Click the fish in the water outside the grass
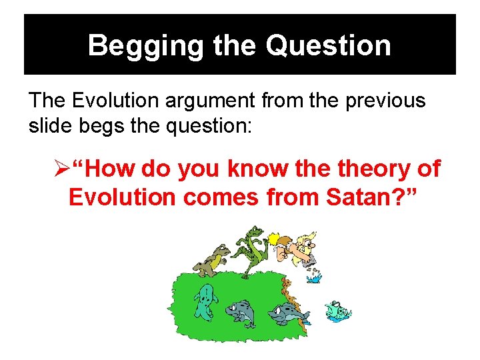click(x=338, y=311)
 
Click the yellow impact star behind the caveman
click(x=273, y=239)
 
